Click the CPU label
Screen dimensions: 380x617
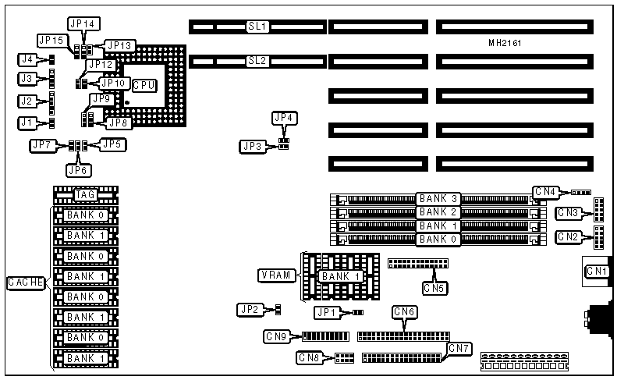click(144, 85)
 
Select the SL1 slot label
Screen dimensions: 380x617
click(257, 27)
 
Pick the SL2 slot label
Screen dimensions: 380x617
click(257, 60)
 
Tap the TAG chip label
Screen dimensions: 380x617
click(85, 194)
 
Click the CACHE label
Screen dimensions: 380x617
click(25, 282)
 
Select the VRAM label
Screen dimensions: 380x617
click(275, 275)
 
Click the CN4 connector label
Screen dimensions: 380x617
click(545, 191)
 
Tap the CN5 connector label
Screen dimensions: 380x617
click(435, 288)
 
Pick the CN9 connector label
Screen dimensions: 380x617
click(277, 337)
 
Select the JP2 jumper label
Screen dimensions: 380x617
click(250, 310)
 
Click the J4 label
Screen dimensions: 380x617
click(27, 59)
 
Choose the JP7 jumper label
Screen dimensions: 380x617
click(42, 144)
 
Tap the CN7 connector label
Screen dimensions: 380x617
click(458, 347)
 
